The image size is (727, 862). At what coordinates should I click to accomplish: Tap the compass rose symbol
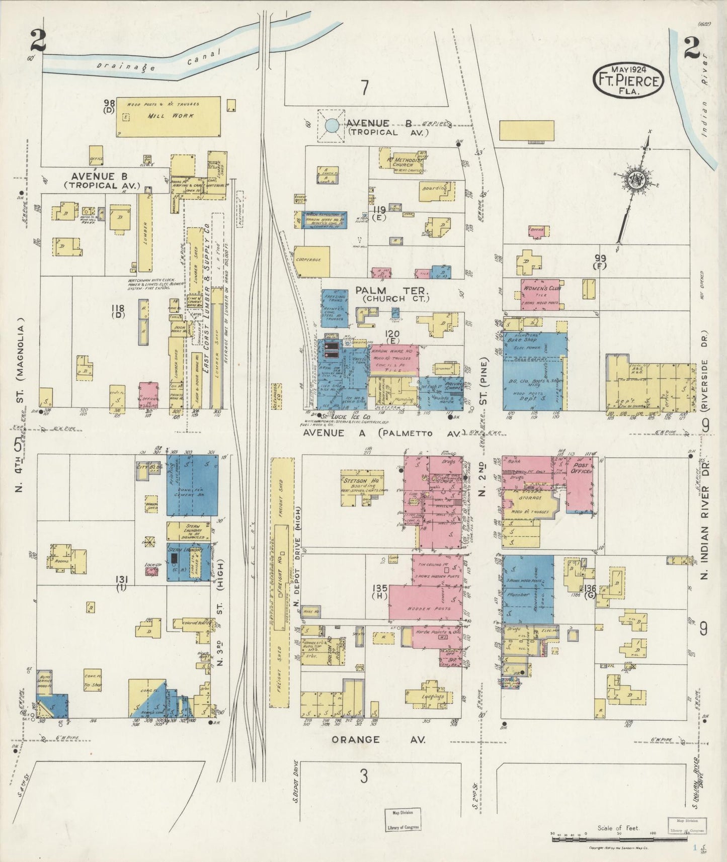point(636,180)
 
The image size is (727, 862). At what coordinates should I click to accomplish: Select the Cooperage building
point(312,261)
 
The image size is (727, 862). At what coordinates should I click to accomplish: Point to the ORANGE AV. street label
point(378,739)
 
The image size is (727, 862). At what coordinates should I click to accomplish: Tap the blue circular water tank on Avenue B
point(331,125)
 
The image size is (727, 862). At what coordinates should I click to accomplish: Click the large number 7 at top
point(364,88)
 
